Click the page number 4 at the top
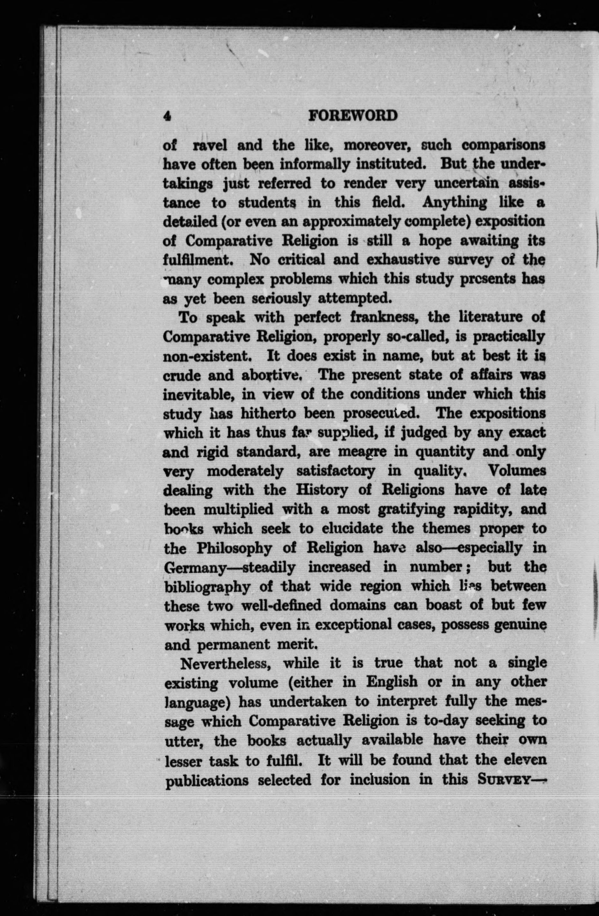tap(167, 115)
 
